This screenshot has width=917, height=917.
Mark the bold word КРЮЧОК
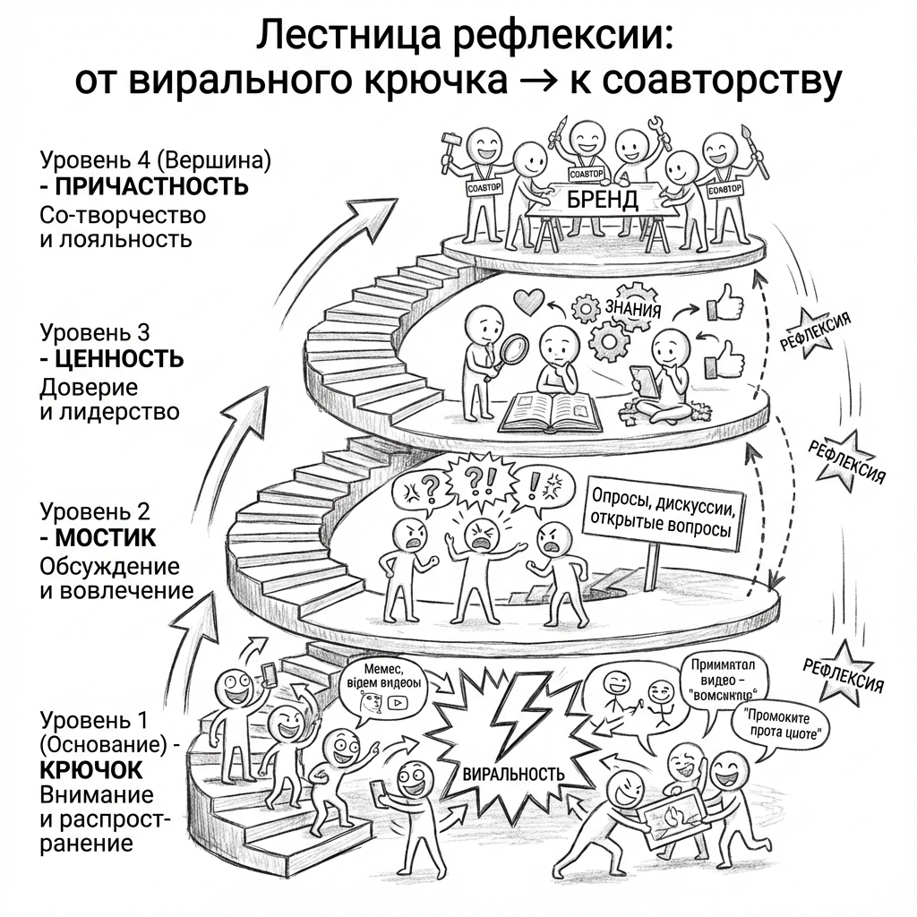click(91, 770)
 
